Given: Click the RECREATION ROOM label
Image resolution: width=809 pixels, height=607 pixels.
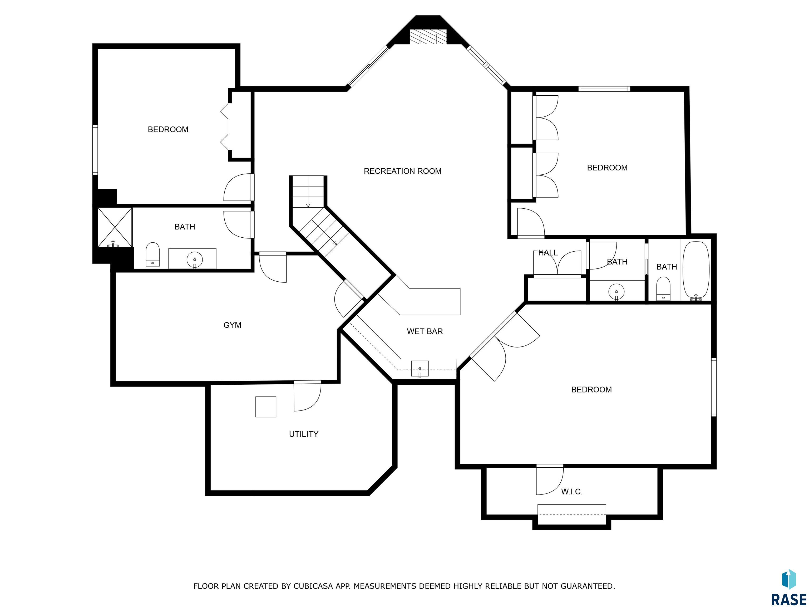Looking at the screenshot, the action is click(x=402, y=171).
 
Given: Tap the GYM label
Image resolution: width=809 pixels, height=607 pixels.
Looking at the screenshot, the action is click(x=232, y=325).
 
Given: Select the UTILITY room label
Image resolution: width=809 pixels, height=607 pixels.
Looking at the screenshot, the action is click(x=304, y=434).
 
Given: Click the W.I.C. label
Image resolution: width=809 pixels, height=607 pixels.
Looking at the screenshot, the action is click(x=572, y=492).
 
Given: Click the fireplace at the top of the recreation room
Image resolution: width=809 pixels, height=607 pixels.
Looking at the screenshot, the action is click(x=428, y=37).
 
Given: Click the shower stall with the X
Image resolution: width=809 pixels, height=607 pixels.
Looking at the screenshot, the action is click(x=115, y=227).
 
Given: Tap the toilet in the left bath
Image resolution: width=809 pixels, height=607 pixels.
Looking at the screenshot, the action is click(x=153, y=254).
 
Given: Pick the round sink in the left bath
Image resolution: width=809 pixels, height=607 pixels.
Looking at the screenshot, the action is click(x=195, y=260).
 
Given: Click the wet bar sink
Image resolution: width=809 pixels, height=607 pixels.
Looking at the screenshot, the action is click(x=420, y=369).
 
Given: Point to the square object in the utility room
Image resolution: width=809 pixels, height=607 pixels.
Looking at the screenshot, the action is click(x=265, y=407).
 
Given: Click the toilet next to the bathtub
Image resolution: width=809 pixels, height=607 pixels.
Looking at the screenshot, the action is click(x=663, y=288).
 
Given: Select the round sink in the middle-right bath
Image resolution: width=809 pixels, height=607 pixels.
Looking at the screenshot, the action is click(x=616, y=292).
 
